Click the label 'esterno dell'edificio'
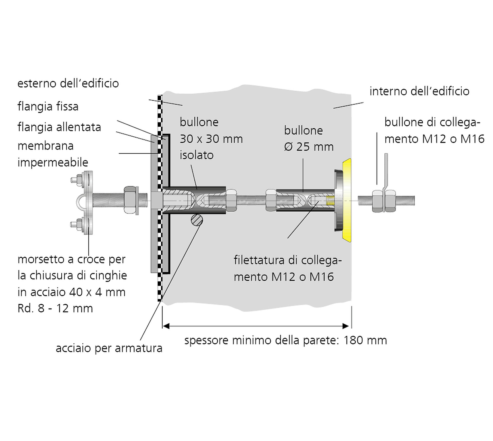click(68, 83)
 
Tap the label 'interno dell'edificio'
click(420, 91)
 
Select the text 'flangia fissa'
click(48, 106)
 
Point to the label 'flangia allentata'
click(59, 127)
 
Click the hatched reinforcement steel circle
click(197, 220)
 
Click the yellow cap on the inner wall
click(347, 200)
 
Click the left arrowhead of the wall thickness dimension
click(166, 326)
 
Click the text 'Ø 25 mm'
click(309, 147)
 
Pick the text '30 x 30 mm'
click(211, 139)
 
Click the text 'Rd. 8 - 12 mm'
click(55, 308)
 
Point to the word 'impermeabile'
click(53, 162)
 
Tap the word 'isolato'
click(197, 155)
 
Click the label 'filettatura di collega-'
click(288, 260)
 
